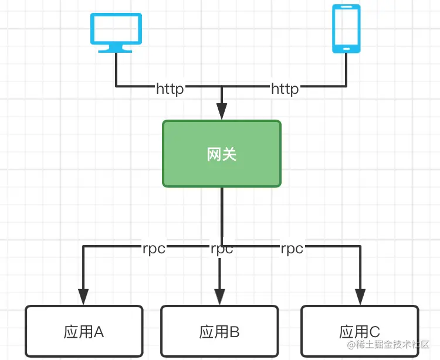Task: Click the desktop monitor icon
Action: click(x=116, y=29)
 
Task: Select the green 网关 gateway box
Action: click(x=222, y=154)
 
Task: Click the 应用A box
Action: click(x=84, y=331)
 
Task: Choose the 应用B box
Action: click(x=219, y=331)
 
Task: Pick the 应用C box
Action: click(x=359, y=331)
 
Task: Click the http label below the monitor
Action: click(x=170, y=89)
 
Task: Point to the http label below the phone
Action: click(x=285, y=89)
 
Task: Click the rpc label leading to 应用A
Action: click(x=154, y=249)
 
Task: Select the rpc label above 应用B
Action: click(x=222, y=249)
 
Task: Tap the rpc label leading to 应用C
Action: click(x=292, y=249)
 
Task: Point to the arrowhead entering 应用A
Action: click(x=83, y=296)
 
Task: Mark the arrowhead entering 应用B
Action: click(x=219, y=296)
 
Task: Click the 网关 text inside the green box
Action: click(x=222, y=154)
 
